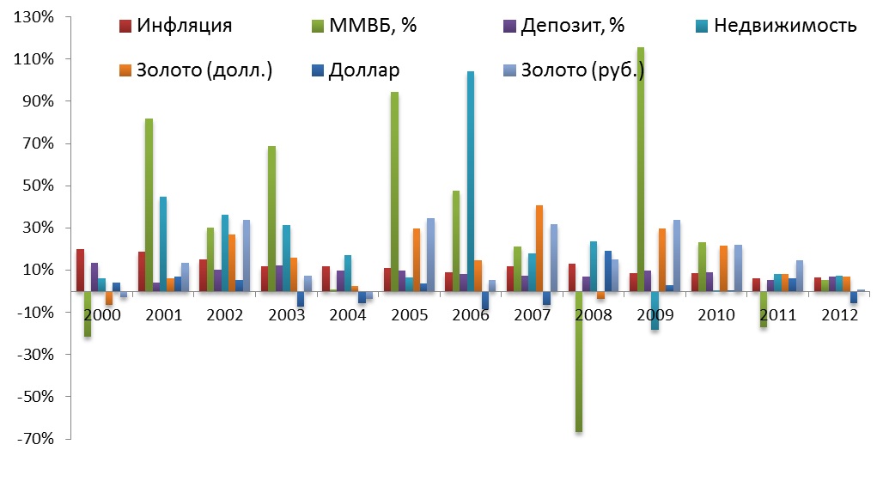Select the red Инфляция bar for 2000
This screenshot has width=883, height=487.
coord(80,271)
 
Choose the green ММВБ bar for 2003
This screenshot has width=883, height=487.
coord(272,219)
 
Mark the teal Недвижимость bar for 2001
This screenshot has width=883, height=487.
coord(163,244)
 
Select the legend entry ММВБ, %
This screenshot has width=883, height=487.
coord(372,25)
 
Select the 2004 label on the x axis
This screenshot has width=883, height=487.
coord(348,314)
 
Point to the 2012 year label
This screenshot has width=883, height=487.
coord(837,314)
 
